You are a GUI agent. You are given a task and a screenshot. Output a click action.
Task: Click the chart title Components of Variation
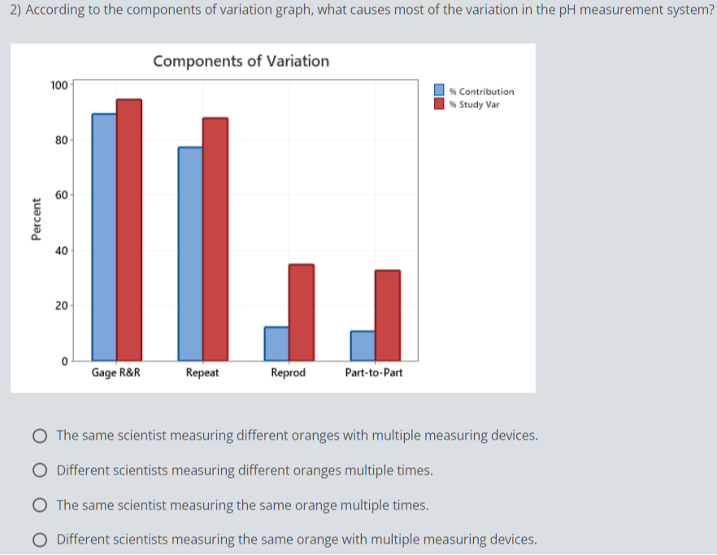[241, 61]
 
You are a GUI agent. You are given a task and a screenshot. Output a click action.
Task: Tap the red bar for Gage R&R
[129, 229]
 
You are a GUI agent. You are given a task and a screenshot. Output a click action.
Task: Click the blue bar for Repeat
[190, 253]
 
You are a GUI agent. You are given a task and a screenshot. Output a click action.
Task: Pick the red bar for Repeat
[215, 238]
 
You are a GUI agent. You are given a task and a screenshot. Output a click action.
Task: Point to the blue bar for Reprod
[276, 343]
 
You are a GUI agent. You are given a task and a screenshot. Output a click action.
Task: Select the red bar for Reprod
[302, 311]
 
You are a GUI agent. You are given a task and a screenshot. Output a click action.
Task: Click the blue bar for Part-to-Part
[363, 345]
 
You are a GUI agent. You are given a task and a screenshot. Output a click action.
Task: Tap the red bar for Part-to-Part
[388, 314]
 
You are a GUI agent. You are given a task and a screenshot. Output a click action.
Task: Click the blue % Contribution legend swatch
[439, 91]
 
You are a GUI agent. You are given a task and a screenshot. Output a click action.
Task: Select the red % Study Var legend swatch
[439, 104]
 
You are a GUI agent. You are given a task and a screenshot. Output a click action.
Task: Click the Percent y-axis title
[35, 219]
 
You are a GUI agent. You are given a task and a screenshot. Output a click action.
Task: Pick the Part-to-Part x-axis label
[374, 373]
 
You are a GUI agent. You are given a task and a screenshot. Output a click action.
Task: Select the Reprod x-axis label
[288, 373]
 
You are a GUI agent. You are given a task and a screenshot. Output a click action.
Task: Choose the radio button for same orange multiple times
[39, 505]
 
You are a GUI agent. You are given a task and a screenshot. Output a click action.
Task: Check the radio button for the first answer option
[39, 436]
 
